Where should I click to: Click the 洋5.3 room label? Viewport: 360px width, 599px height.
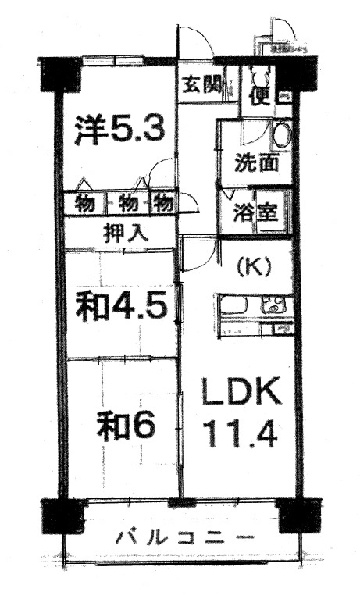(119, 130)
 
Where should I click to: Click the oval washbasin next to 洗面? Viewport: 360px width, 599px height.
(283, 136)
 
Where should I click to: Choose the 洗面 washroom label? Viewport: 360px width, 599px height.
(256, 166)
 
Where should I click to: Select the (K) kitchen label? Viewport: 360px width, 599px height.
(254, 266)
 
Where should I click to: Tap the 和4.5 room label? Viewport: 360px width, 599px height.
(121, 306)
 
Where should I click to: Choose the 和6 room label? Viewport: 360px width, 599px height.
(126, 425)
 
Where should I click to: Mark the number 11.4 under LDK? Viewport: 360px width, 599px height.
(240, 434)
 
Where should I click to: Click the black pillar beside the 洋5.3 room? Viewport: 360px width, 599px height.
(60, 72)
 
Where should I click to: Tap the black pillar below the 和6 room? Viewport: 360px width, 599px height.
(61, 515)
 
